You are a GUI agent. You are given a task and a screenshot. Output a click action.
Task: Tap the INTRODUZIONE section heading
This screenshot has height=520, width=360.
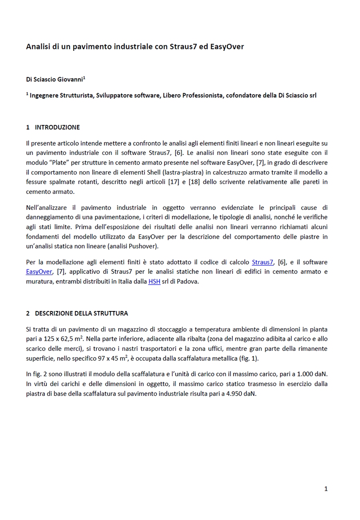pos(57,127)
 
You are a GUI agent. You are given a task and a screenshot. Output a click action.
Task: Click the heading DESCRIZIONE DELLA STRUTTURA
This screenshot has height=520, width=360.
pos(81,313)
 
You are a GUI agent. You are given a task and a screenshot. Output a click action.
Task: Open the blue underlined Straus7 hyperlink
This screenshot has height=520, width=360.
pos(262,262)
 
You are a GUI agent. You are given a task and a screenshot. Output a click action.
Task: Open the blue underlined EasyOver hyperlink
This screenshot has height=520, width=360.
pos(39,272)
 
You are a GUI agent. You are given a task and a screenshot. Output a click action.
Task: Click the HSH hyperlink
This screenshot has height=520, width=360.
pos(154,281)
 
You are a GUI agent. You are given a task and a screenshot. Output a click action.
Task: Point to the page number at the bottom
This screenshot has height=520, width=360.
pos(326,489)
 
